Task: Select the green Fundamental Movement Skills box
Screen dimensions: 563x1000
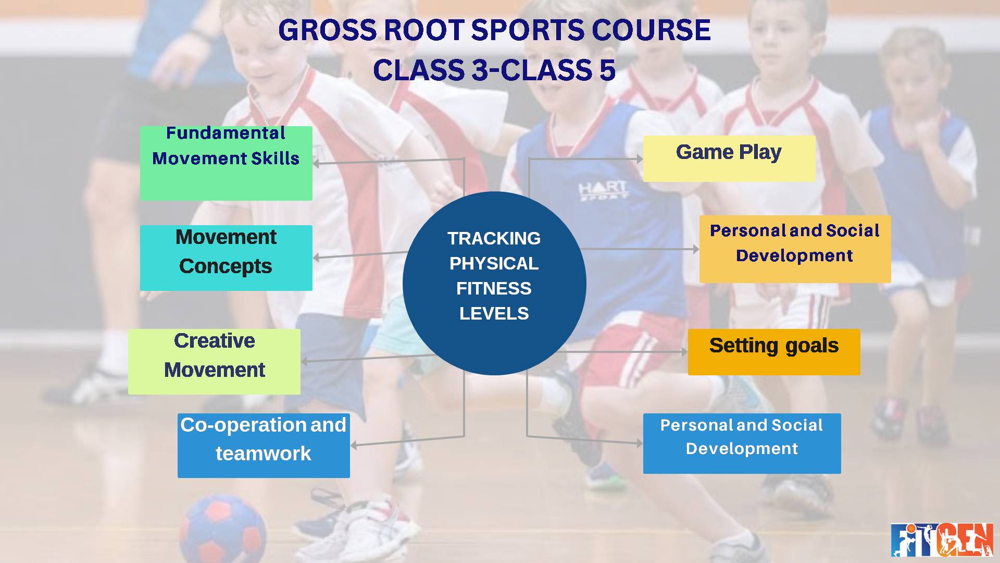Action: click(x=226, y=163)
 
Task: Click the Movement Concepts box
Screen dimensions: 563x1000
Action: click(x=226, y=258)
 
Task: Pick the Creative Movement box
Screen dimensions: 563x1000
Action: click(x=214, y=361)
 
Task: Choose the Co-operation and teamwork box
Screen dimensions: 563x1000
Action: click(x=264, y=445)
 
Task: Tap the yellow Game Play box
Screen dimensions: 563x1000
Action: click(x=729, y=158)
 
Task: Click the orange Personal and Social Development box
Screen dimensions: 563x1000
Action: click(x=795, y=249)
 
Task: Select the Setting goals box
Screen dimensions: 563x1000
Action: click(x=773, y=351)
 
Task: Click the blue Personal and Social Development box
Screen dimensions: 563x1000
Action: click(x=742, y=443)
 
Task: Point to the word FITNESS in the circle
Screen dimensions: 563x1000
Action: click(x=494, y=288)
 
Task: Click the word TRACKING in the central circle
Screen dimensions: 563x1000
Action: click(x=494, y=238)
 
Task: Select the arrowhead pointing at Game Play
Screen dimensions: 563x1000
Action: click(x=640, y=159)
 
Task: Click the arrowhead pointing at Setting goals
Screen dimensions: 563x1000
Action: click(x=684, y=352)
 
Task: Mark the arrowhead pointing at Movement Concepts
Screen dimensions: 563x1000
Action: click(x=316, y=258)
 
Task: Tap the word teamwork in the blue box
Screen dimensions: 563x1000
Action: click(x=264, y=454)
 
